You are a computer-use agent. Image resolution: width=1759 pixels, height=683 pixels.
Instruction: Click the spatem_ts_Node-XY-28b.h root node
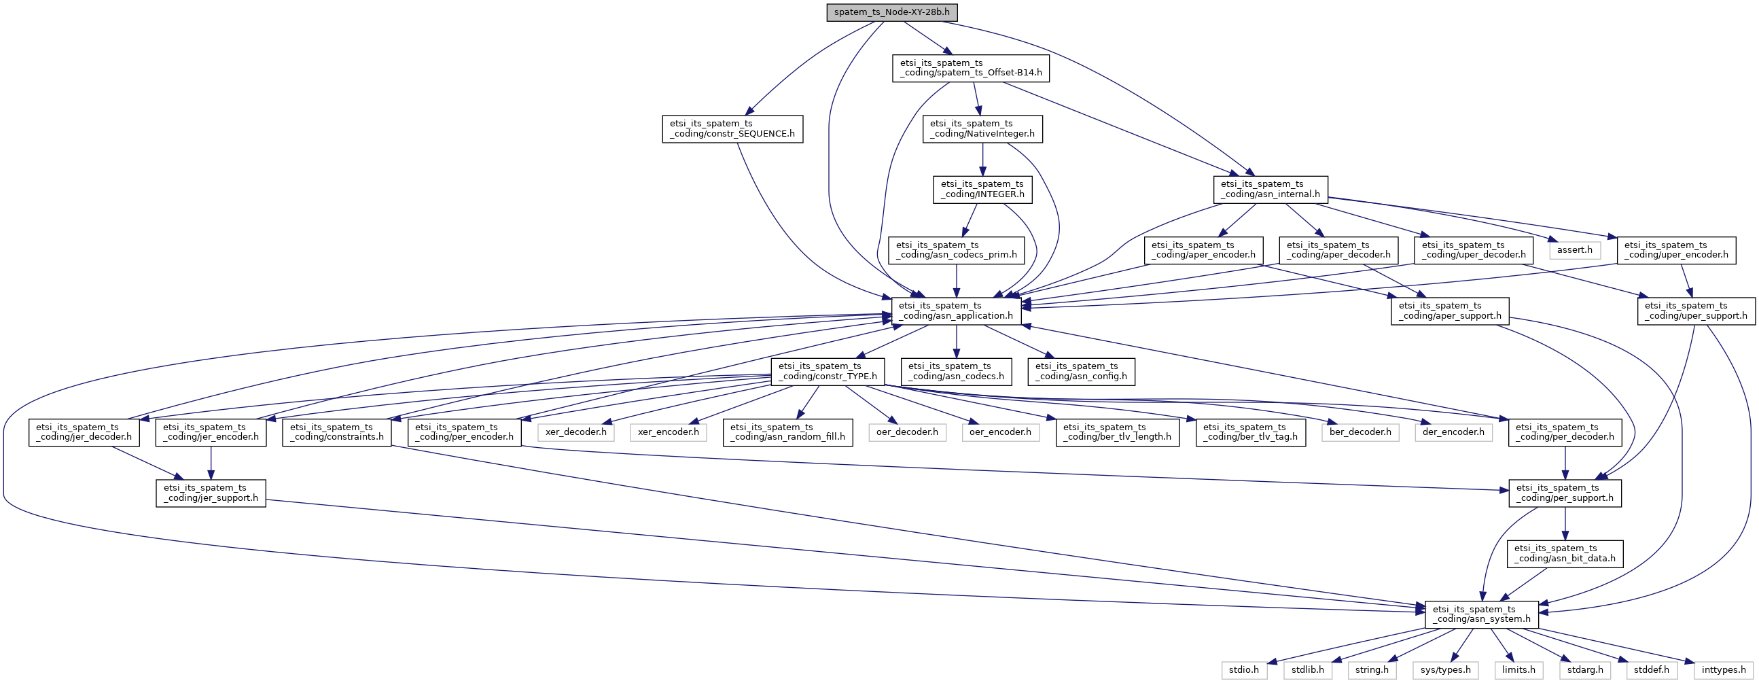tap(892, 12)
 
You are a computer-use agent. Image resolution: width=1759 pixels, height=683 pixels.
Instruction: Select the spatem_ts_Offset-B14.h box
tap(970, 67)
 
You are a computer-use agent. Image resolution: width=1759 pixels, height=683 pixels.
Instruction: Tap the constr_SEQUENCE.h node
tap(732, 128)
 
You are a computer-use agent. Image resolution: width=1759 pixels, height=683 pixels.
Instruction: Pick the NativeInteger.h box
tap(982, 128)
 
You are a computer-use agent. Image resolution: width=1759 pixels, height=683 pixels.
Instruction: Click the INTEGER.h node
tap(982, 189)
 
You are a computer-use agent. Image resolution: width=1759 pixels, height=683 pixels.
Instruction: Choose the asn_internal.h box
tap(1271, 189)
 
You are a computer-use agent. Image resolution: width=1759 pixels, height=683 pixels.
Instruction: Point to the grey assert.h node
tap(1576, 250)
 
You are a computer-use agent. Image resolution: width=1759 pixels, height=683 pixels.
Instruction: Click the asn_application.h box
tap(957, 311)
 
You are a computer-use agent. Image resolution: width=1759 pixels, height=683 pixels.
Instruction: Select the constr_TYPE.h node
tap(828, 372)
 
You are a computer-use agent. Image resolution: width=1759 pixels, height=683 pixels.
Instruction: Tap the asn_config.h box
tap(1082, 372)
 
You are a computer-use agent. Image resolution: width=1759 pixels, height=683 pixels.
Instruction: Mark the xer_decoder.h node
tap(575, 432)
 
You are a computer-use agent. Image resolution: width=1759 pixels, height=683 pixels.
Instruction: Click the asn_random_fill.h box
tap(788, 432)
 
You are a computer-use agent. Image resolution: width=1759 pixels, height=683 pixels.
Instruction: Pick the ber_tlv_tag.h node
tap(1251, 432)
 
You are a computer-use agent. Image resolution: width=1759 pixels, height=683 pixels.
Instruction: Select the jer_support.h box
tap(211, 493)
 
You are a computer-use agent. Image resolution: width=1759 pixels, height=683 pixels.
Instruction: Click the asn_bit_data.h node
tap(1565, 554)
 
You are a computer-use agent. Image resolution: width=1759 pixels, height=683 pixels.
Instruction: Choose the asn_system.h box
tap(1482, 614)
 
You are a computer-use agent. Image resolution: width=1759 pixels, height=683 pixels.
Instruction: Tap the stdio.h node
tap(1244, 670)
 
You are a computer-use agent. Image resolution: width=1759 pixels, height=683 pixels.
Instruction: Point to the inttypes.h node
tap(1724, 670)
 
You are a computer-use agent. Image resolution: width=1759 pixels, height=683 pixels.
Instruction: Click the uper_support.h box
tap(1696, 311)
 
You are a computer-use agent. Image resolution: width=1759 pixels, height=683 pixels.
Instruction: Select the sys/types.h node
tap(1446, 670)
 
